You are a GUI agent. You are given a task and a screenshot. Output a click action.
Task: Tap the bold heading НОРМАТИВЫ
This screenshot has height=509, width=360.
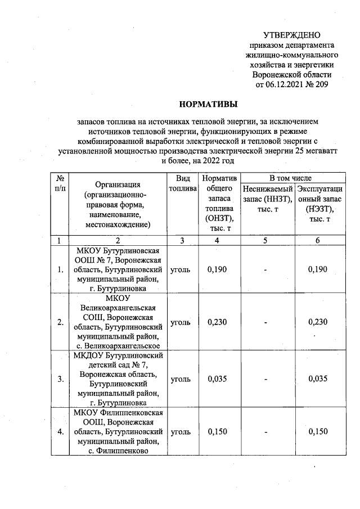[208, 104]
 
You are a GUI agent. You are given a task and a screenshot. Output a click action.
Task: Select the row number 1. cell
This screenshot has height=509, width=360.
[60, 269]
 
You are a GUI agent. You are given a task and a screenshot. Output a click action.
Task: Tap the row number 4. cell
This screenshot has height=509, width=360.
[60, 431]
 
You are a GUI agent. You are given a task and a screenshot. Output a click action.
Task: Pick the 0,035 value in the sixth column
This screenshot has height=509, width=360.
[318, 379]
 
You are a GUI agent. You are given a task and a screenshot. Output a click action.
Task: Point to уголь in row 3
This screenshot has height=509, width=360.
[181, 379]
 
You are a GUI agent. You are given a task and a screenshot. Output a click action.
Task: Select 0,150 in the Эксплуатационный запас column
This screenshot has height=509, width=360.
[318, 431]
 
